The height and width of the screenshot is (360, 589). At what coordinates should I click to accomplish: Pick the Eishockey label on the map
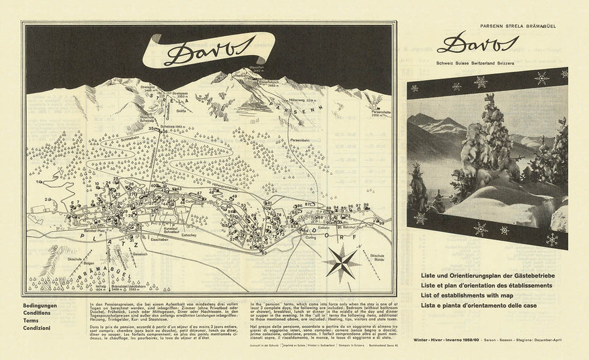pos(190,234)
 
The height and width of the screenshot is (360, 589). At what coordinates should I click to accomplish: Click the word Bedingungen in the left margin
pos(40,306)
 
